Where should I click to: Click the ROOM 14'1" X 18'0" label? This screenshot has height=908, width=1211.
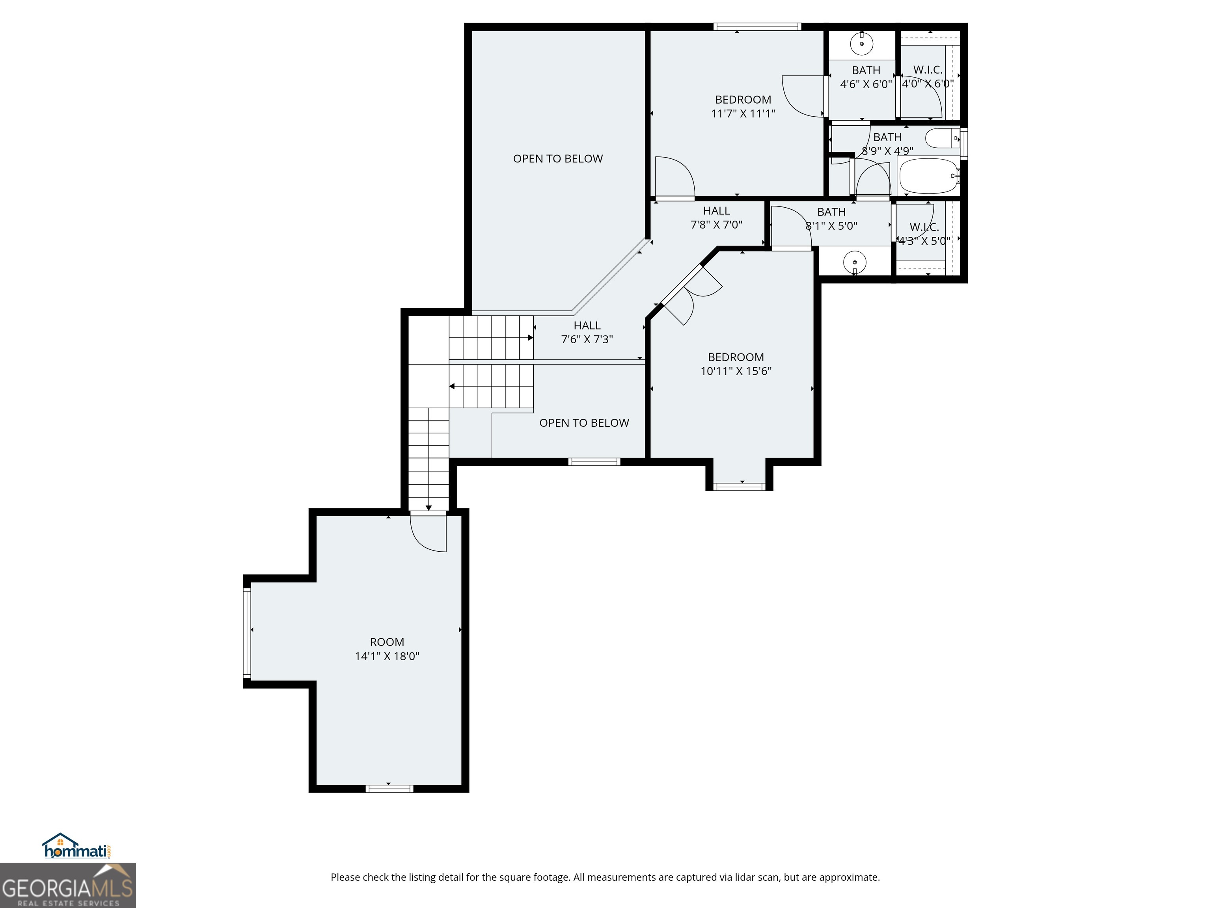pos(387,649)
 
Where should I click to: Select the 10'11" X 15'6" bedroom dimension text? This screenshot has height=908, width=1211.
pos(736,371)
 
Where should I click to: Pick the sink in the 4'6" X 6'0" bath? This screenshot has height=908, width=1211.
pos(862,44)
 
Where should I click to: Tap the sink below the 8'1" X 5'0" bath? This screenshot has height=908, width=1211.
pos(855,262)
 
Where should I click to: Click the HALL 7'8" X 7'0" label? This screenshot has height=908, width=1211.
pos(716,218)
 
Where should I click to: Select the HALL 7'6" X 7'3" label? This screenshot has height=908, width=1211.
pos(587,332)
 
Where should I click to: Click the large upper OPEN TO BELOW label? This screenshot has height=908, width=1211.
pos(558,159)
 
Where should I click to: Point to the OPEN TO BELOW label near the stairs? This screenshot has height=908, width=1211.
pos(584,423)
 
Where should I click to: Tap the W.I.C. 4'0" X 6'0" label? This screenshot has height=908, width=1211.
pos(928,76)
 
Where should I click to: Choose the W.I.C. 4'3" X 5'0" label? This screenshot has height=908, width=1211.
pos(924,234)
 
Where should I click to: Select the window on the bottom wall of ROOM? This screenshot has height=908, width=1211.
pos(389,789)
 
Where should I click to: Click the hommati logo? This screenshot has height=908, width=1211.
pos(77,846)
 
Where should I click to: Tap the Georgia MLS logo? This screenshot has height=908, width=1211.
pos(68,885)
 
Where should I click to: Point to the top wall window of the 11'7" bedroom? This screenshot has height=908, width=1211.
pos(757,26)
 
